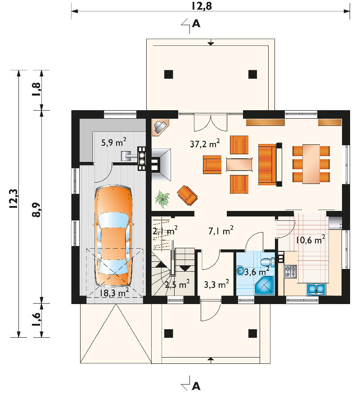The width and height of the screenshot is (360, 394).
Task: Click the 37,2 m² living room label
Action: [x=205, y=143]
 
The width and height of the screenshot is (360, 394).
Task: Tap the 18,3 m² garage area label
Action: [x=114, y=292]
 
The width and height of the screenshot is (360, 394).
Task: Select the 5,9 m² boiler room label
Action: [x=114, y=142]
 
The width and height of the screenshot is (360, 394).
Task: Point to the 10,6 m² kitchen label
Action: [x=310, y=239]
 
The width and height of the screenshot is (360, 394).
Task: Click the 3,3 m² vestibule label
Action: [x=216, y=284]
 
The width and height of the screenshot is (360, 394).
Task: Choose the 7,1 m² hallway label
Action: [x=221, y=230]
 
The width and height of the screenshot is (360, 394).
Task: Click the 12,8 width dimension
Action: [x=202, y=6]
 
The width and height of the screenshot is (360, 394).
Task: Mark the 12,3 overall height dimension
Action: [x=13, y=198]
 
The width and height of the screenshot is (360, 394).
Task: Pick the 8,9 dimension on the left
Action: [x=37, y=209]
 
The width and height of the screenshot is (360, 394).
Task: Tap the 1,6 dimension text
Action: [x=37, y=319]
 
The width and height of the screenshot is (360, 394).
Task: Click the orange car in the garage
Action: [x=114, y=236]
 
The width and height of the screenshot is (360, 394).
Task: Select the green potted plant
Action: [x=162, y=199]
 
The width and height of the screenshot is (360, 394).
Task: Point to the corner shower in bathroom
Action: [x=264, y=286]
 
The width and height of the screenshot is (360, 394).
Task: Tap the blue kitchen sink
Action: [x=316, y=289]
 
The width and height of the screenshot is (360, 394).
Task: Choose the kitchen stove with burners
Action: [x=290, y=271]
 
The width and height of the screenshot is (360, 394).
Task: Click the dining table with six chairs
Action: [x=311, y=164]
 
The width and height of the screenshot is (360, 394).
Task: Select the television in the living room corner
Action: [x=160, y=127]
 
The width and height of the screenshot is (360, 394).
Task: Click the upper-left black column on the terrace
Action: [x=169, y=74]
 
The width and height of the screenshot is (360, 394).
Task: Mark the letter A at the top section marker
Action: [x=196, y=24]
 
